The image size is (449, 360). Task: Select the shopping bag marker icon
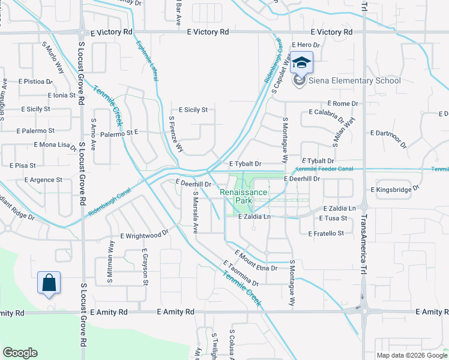point(49,282)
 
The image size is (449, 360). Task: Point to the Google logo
point(20,353)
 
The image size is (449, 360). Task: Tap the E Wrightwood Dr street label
point(145,236)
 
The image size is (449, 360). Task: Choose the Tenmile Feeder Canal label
point(324,169)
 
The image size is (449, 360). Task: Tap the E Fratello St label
point(326,233)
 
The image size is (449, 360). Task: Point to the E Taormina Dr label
point(240,274)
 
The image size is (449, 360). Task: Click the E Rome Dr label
point(342,104)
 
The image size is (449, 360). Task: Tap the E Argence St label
point(43,180)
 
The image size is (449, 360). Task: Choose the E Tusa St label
point(333,218)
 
